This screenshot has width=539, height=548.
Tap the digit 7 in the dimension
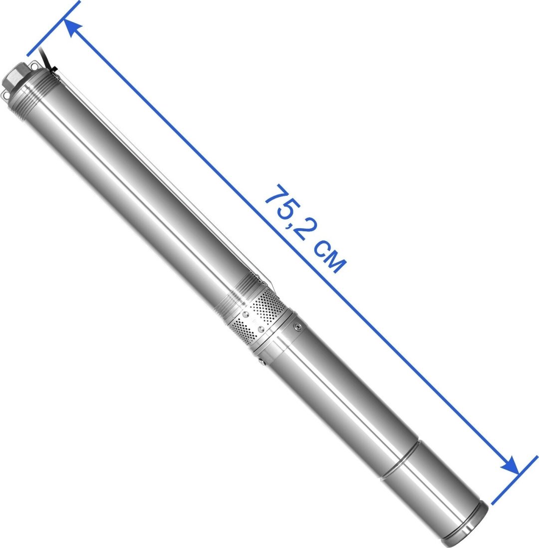coord(277,197)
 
